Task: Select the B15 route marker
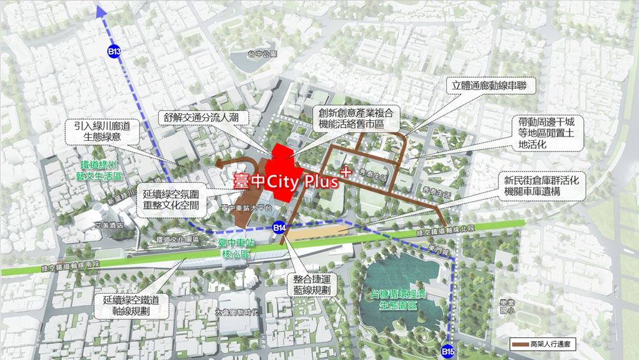click(447, 351)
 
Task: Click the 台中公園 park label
click(262, 54)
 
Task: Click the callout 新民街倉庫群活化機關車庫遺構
click(544, 186)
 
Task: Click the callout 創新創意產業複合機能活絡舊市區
click(356, 119)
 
